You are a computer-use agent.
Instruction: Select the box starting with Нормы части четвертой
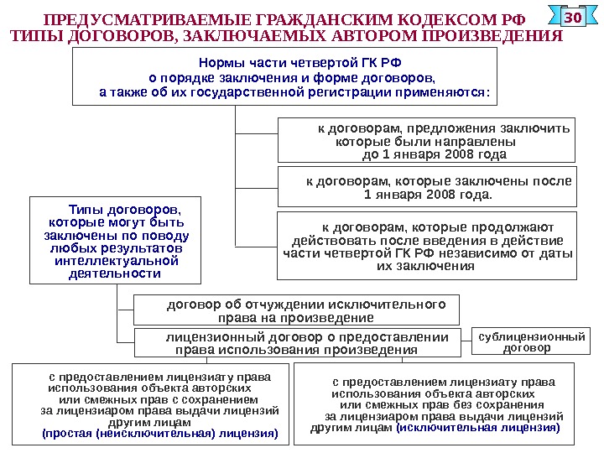tap(285, 77)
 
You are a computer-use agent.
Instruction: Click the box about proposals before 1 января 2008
tap(427, 140)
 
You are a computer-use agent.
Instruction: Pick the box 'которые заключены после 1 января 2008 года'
tap(427, 186)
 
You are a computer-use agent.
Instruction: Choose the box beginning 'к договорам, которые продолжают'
tap(427, 246)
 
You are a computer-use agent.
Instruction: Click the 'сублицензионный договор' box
tap(531, 341)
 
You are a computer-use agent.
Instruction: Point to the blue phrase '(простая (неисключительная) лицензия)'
tap(159, 434)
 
